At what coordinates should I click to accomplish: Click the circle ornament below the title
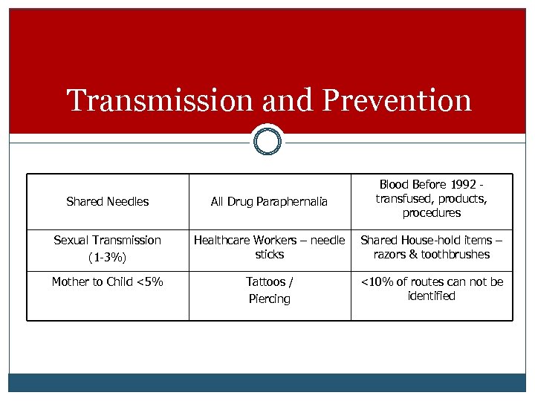click(x=267, y=140)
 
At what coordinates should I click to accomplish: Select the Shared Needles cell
click(x=108, y=201)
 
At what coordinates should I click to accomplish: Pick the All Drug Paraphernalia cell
click(x=269, y=201)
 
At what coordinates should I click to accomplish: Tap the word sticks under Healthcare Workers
click(x=269, y=254)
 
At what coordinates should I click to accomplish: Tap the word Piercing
click(x=269, y=299)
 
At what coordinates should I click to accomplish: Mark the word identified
click(x=432, y=296)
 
